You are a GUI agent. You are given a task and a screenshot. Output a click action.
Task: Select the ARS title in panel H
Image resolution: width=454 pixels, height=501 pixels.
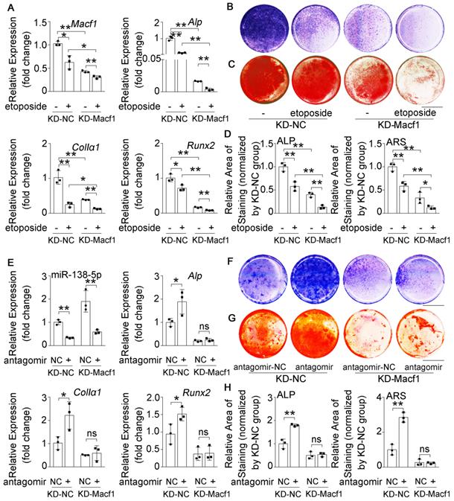coord(397,399)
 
